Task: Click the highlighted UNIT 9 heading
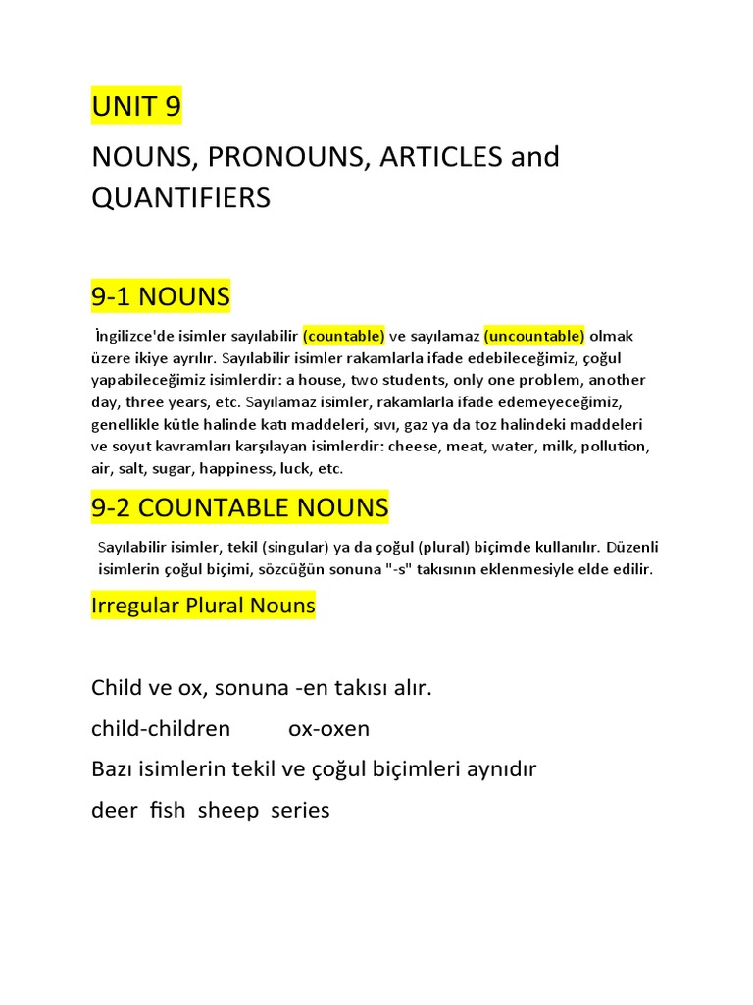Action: pyautogui.click(x=136, y=106)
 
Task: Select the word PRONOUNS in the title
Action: pyautogui.click(x=277, y=157)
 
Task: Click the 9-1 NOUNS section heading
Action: pyautogui.click(x=160, y=295)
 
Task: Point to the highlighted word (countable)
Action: pyautogui.click(x=343, y=337)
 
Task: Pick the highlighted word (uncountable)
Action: pyautogui.click(x=534, y=337)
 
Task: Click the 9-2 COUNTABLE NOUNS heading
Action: pyautogui.click(x=239, y=508)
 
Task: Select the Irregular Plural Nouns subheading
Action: pyautogui.click(x=203, y=606)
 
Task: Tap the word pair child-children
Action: pyautogui.click(x=161, y=729)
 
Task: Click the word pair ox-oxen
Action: pyautogui.click(x=328, y=729)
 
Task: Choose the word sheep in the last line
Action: pyautogui.click(x=227, y=811)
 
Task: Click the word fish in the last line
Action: pyautogui.click(x=167, y=811)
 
